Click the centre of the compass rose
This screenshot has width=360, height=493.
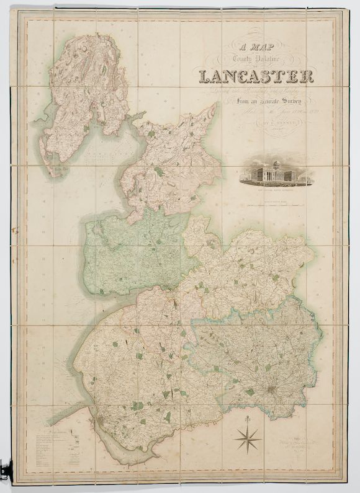pyautogui.click(x=248, y=438)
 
